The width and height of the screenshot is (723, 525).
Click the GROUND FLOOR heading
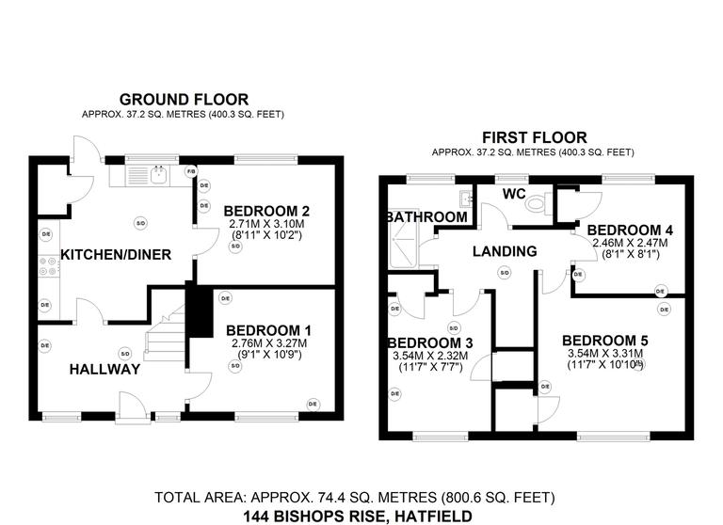[x=184, y=99]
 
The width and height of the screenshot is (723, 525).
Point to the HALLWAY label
[x=104, y=370]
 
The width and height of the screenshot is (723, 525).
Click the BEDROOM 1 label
[x=269, y=330]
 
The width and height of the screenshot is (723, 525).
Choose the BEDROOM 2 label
[x=269, y=211]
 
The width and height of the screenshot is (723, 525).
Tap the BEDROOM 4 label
[x=629, y=230]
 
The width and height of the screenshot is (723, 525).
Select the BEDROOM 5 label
[x=604, y=340]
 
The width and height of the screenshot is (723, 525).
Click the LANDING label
[x=506, y=251]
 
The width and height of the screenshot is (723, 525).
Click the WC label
[x=513, y=193]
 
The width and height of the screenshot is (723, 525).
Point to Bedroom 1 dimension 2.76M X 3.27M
[x=269, y=344]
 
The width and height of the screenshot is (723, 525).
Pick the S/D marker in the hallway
[x=123, y=353]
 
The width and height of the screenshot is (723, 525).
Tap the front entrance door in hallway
[x=131, y=407]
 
